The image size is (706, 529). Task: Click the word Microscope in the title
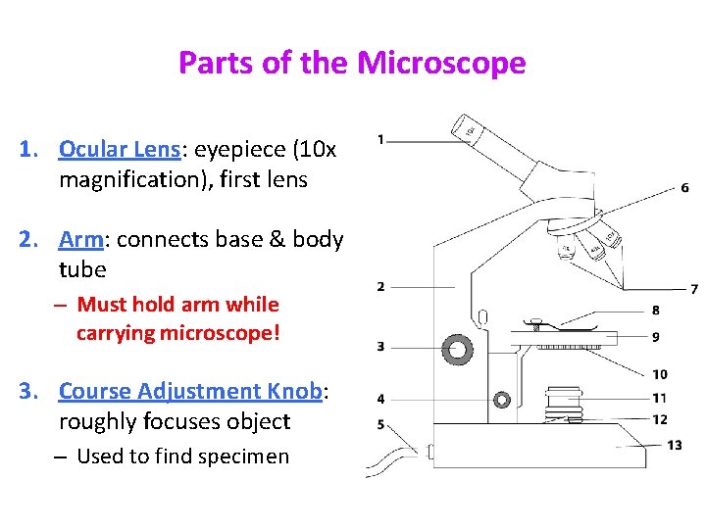pyautogui.click(x=441, y=64)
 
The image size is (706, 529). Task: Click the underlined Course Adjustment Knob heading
pyautogui.click(x=190, y=391)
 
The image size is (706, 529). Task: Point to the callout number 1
pyautogui.click(x=380, y=138)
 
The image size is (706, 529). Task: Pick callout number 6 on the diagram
pyautogui.click(x=684, y=187)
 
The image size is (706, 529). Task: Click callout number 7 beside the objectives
pyautogui.click(x=694, y=289)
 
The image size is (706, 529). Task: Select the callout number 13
pyautogui.click(x=674, y=445)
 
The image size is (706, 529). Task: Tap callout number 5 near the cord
pyautogui.click(x=380, y=425)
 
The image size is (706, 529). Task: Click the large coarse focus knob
pyautogui.click(x=456, y=347)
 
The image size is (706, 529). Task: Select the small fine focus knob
pyautogui.click(x=502, y=400)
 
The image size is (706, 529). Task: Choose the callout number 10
pyautogui.click(x=659, y=374)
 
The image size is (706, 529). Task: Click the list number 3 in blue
pyautogui.click(x=27, y=391)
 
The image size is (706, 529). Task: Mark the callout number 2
pyautogui.click(x=380, y=286)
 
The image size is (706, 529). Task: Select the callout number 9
pyautogui.click(x=655, y=336)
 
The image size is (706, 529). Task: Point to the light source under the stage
pyautogui.click(x=565, y=399)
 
